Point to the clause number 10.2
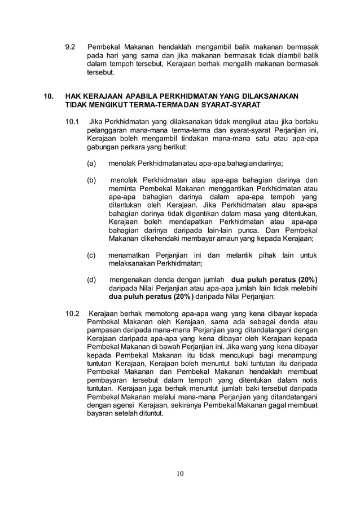tap(73, 313)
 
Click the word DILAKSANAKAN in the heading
tap(271, 96)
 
